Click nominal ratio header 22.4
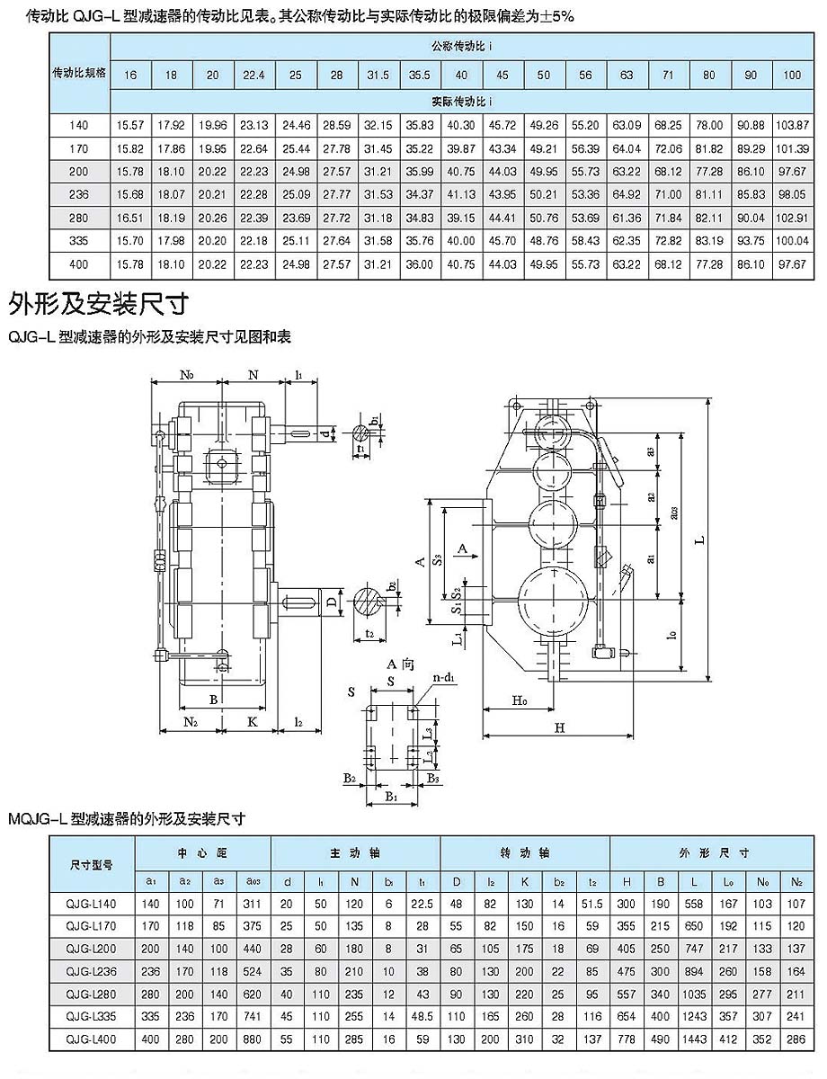pyautogui.click(x=253, y=76)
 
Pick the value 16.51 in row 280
pyautogui.click(x=131, y=218)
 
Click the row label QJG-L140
pyautogui.click(x=92, y=903)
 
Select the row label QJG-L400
pyautogui.click(x=92, y=1039)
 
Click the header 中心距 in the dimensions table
pyautogui.click(x=202, y=852)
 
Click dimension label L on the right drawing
pyautogui.click(x=698, y=540)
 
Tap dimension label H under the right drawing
pyautogui.click(x=558, y=728)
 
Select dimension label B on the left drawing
pyautogui.click(x=213, y=699)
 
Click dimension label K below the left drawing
pyautogui.click(x=253, y=721)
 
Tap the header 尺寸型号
pyautogui.click(x=92, y=864)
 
